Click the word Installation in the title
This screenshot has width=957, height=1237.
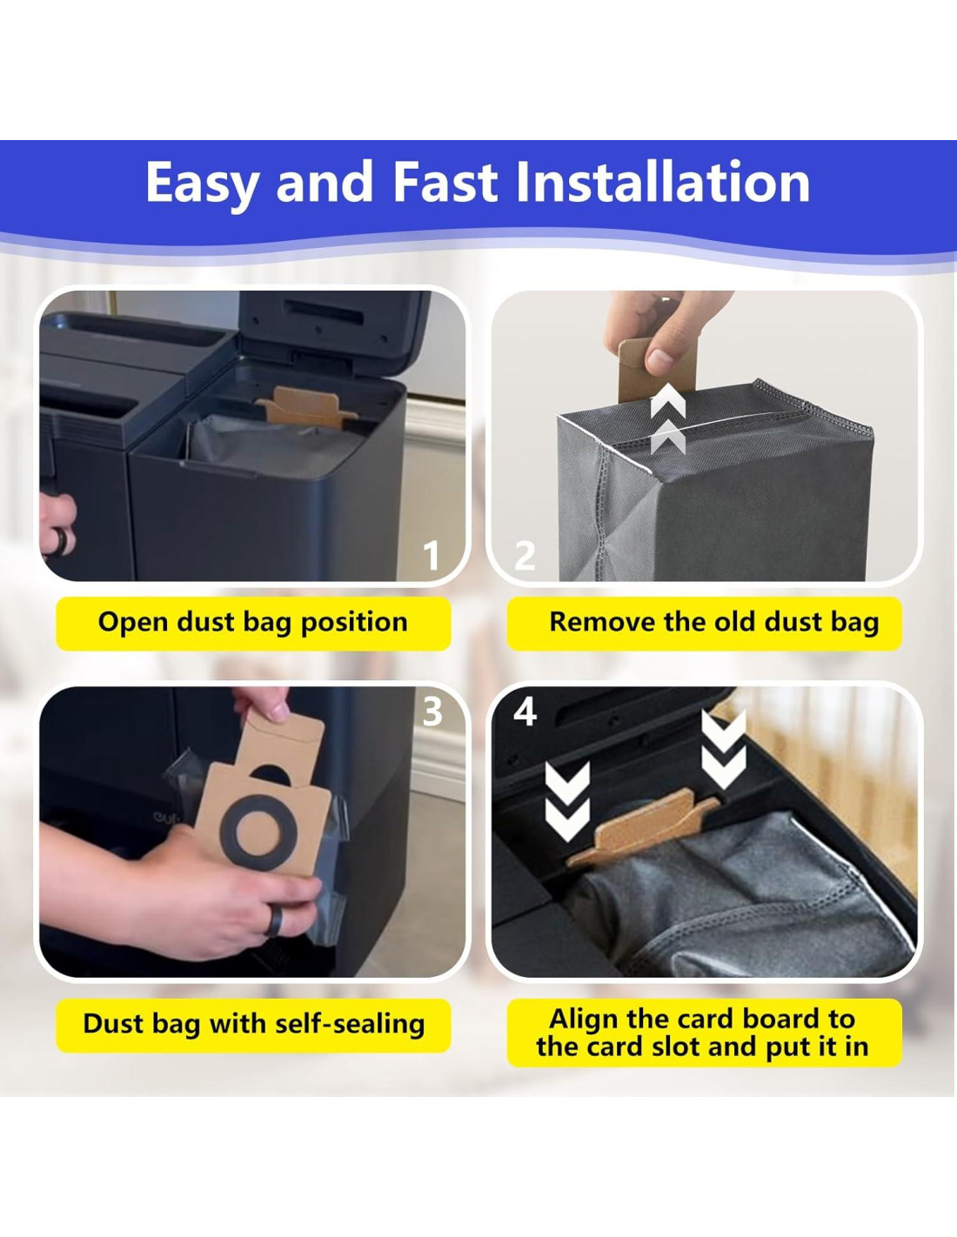tap(662, 182)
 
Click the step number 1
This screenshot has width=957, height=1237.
tap(432, 556)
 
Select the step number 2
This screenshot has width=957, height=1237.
tap(525, 556)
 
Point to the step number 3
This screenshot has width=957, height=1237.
tap(432, 712)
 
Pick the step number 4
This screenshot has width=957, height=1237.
tap(525, 712)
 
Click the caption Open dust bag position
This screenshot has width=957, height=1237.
tap(253, 623)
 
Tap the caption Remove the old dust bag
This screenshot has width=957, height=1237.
tap(714, 622)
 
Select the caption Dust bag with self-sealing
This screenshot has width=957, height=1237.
tap(254, 1024)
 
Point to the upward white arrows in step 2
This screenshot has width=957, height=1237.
tap(668, 424)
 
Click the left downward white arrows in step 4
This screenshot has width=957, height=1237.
tap(567, 801)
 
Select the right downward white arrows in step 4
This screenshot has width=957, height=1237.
tap(723, 750)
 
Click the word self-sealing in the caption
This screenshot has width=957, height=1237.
tap(350, 1024)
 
